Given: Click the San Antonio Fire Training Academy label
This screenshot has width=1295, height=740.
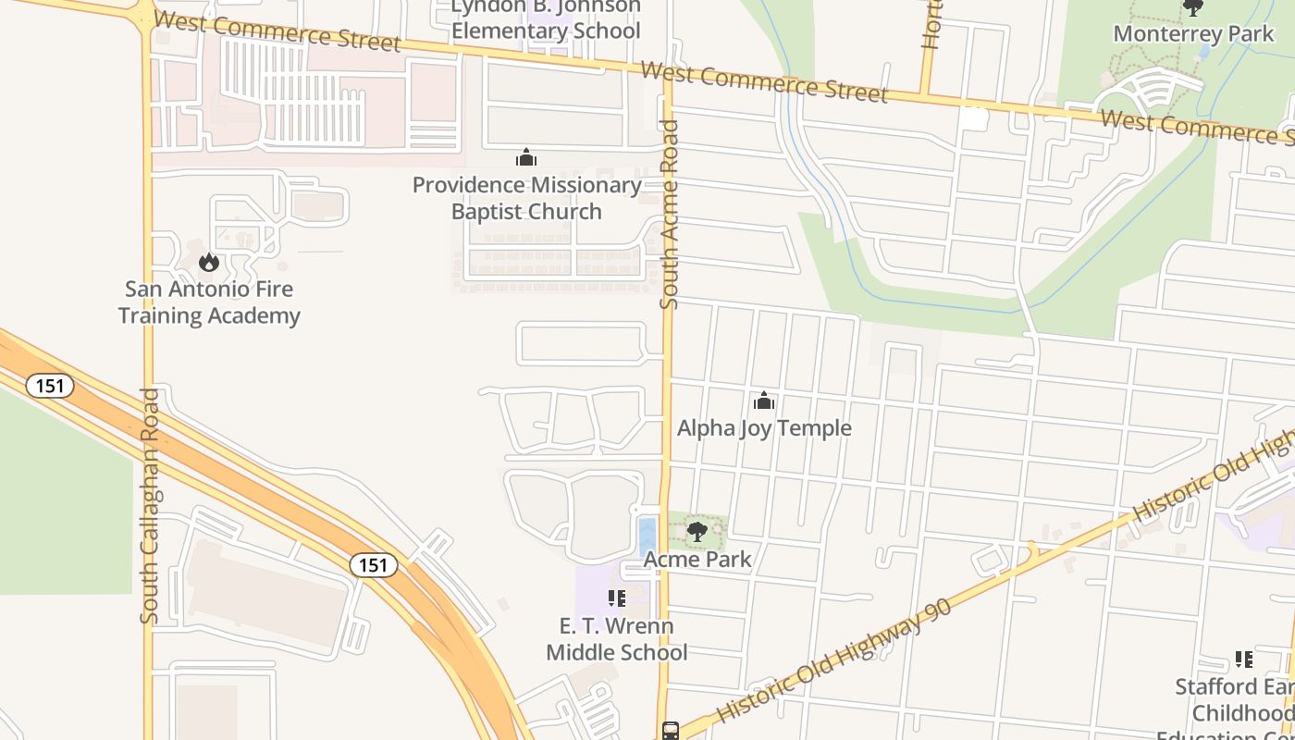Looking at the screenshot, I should pos(209,302).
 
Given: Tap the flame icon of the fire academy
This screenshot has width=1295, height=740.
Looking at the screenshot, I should pos(209,262).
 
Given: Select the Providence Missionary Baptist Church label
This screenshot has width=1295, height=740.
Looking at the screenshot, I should pos(526,198).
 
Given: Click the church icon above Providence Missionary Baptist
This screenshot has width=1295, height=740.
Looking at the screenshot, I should pos(526,157).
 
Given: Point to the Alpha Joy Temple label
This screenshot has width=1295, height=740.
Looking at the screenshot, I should pos(764,428).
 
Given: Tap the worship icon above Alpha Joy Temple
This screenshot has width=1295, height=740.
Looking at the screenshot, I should pos(764,401).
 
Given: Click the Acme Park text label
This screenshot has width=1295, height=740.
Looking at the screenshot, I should pos(697,560).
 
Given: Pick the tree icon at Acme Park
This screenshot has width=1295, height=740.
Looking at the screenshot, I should pos(697,532).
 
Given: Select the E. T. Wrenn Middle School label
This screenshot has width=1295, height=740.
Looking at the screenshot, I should pos(616,639).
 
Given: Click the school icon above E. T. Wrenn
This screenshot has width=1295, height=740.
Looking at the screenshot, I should pos(616,598).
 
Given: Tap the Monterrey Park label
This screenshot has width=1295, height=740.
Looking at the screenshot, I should pos(1193,34).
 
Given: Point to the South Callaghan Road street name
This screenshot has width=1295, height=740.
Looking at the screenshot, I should pos(150,506).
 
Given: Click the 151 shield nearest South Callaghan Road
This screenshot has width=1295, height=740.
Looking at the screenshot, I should pos(49,385).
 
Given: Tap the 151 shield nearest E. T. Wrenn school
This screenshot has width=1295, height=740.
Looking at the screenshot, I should pos(373,564).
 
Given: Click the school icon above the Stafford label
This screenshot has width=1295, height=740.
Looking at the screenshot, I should pos(1244,660).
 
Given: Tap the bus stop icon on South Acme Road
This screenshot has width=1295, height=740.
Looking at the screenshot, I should pos(671,731).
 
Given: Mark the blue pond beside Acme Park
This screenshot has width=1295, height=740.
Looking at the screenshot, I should pos(647,536).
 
